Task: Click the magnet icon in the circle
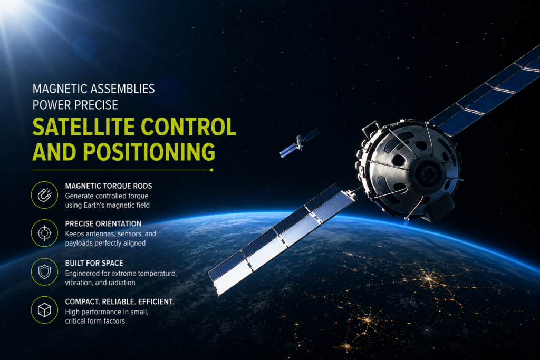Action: point(44,195)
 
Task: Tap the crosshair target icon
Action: point(44,233)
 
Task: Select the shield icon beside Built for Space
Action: point(44,272)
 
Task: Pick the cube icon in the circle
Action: point(44,310)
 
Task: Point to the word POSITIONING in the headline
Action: point(149,152)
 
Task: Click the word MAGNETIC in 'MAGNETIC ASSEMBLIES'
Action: point(59,89)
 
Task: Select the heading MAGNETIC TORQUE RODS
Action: point(109,186)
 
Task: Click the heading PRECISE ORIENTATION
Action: point(103,223)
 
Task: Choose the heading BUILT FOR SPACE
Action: point(94,263)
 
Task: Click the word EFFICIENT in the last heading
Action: point(156,302)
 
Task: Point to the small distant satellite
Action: point(299,143)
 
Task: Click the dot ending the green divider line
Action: point(211,170)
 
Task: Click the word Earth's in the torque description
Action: point(94,205)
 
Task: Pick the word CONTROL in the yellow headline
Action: point(189,127)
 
